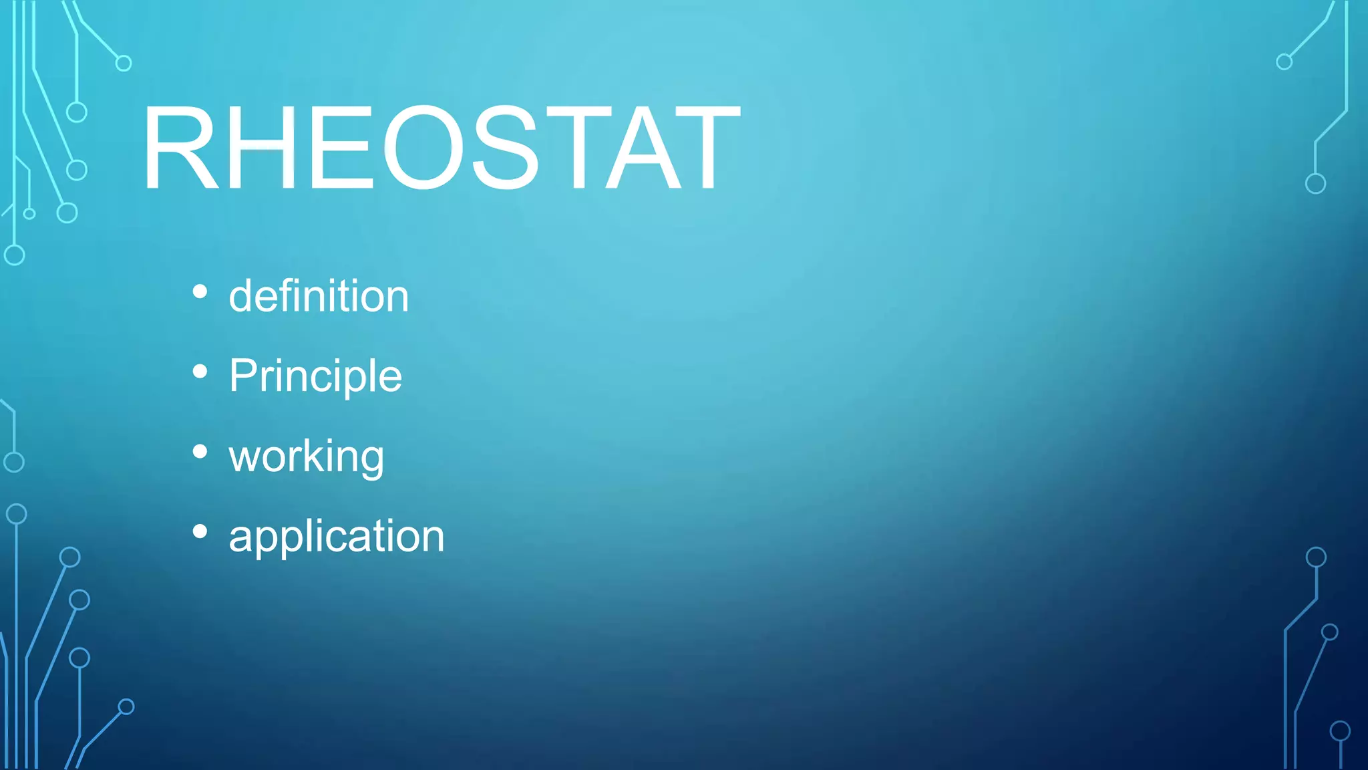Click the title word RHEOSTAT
pyautogui.click(x=441, y=148)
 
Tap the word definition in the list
pyautogui.click(x=319, y=296)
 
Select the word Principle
pyautogui.click(x=315, y=376)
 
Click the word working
pyautogui.click(x=306, y=457)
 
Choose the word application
pyautogui.click(x=336, y=536)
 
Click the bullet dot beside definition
pyautogui.click(x=200, y=291)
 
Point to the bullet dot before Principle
pyautogui.click(x=200, y=371)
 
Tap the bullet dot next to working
pyautogui.click(x=200, y=452)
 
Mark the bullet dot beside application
pyautogui.click(x=200, y=531)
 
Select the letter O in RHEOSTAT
pyautogui.click(x=423, y=148)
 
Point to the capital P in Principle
pyautogui.click(x=243, y=375)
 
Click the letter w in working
pyautogui.click(x=245, y=458)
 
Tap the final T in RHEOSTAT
pyautogui.click(x=707, y=148)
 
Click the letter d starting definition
pyautogui.click(x=242, y=296)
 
